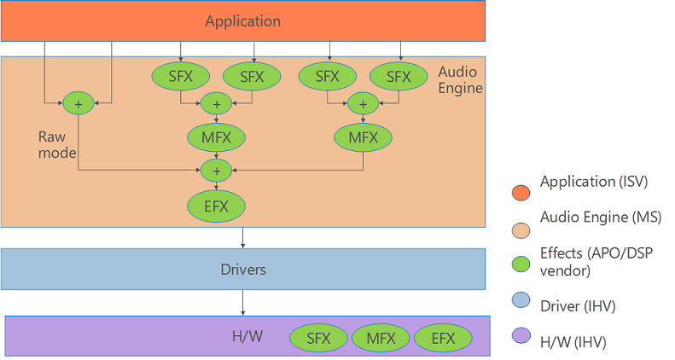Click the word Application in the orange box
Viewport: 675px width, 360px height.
coord(242,20)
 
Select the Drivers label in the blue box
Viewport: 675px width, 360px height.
coord(242,270)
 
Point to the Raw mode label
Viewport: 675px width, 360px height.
coord(57,144)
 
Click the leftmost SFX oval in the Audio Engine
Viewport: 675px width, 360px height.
coord(180,77)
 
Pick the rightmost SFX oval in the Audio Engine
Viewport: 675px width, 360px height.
coord(399,77)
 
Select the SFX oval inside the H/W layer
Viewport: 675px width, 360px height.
coord(318,338)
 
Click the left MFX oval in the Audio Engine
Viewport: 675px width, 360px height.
coord(216,136)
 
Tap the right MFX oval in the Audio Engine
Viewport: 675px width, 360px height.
coord(364,136)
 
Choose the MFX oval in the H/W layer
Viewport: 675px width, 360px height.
coord(381,338)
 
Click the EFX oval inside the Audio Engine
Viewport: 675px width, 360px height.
coord(216,206)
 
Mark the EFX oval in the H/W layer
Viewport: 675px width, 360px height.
coord(443,338)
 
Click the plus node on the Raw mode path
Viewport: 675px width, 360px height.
coord(79,103)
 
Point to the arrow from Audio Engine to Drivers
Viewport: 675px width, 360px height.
coord(243,238)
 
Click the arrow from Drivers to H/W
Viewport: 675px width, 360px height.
coord(243,303)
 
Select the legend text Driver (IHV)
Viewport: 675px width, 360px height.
coord(578,304)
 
